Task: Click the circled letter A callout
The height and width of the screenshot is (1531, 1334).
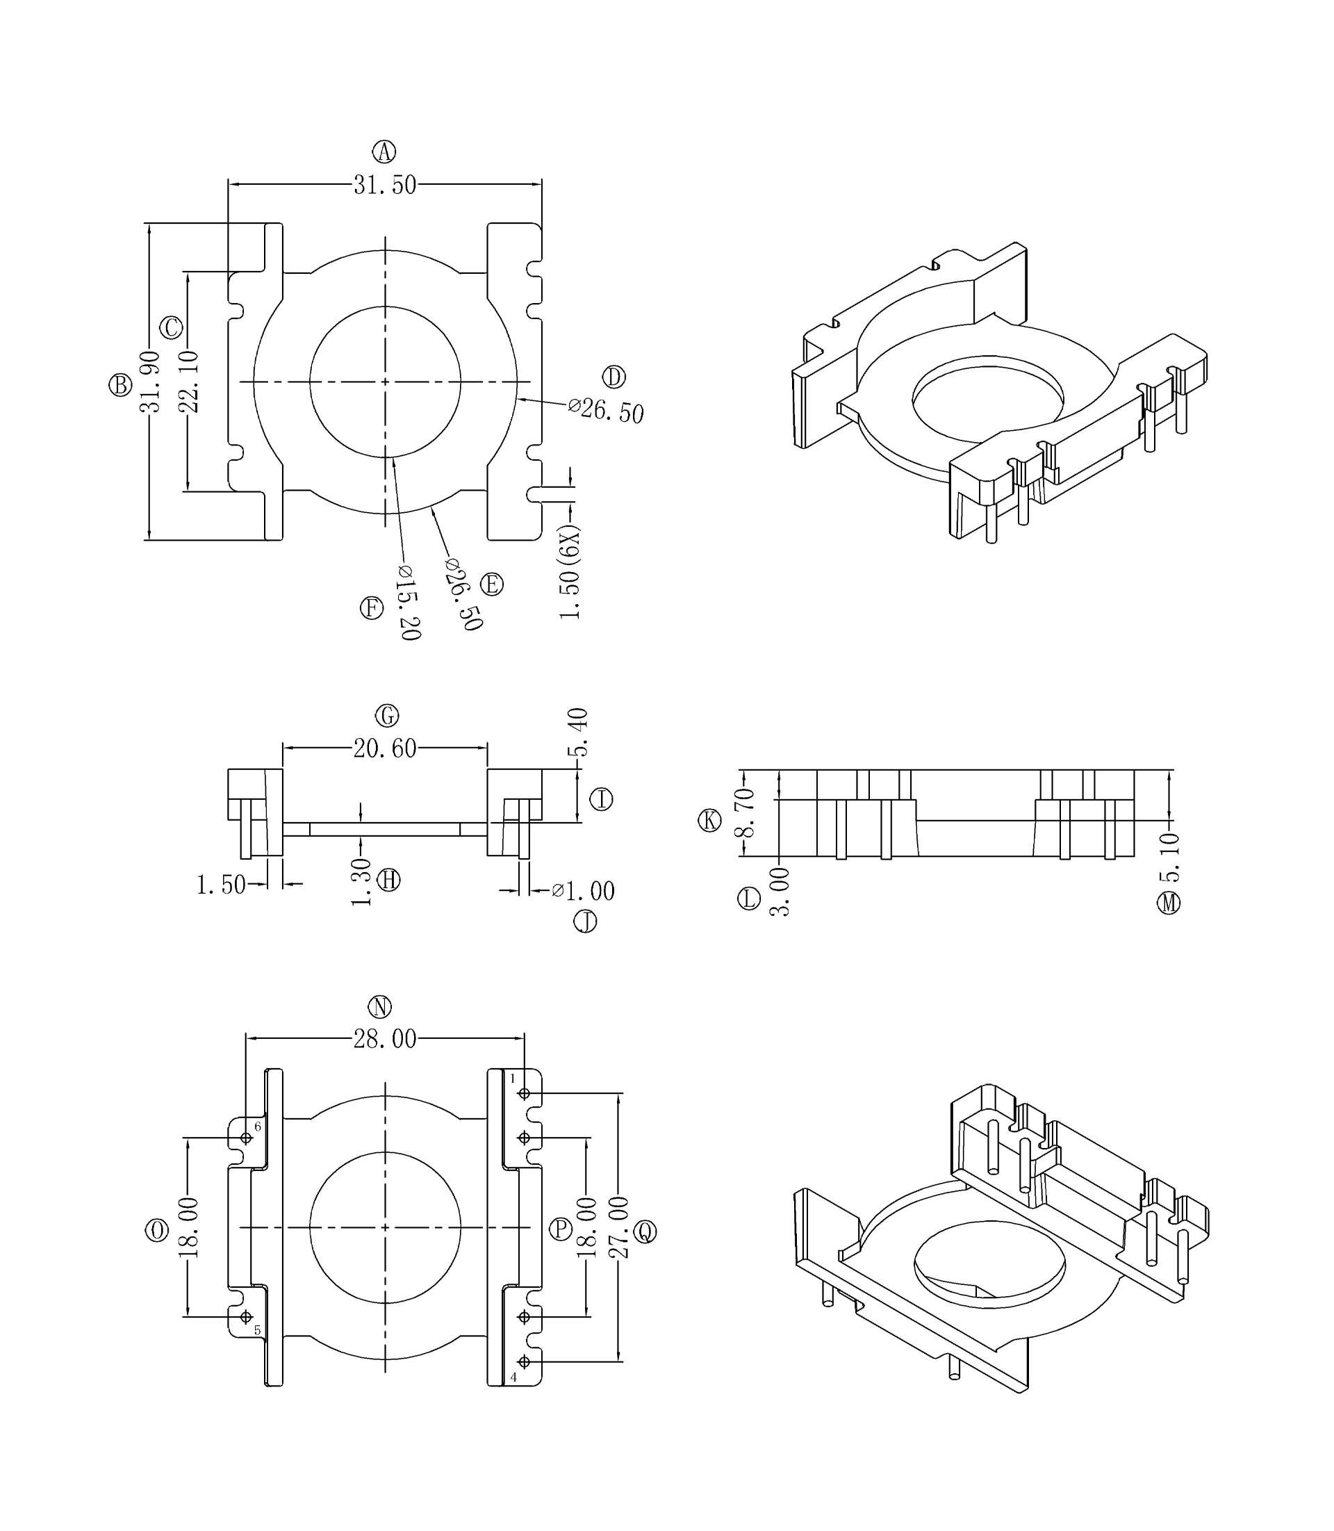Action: [x=384, y=152]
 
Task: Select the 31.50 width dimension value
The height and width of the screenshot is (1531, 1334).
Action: [x=384, y=185]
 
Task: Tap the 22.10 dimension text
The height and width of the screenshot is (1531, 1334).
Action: [x=189, y=382]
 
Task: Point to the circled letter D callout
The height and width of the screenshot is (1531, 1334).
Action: [x=614, y=377]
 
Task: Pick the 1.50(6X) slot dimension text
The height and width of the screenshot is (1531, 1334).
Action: [x=570, y=572]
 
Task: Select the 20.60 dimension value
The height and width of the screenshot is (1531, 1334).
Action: [x=384, y=748]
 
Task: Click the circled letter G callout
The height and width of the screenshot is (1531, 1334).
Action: [x=387, y=716]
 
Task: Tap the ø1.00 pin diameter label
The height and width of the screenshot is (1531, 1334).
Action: [x=584, y=891]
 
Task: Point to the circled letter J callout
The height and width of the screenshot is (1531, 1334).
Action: [x=585, y=922]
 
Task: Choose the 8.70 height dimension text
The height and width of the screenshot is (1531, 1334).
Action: [x=745, y=812]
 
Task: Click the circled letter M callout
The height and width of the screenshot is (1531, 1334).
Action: [x=1168, y=903]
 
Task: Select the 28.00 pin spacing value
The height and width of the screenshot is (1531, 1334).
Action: [x=384, y=1039]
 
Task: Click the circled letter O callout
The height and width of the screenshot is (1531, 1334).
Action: [x=156, y=1230]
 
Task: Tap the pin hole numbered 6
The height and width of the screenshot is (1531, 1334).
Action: [x=247, y=1138]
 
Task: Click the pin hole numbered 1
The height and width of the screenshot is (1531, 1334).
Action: [x=524, y=1093]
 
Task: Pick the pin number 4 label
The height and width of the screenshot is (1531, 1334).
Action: [x=513, y=1377]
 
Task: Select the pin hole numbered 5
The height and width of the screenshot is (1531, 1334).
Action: [x=247, y=1316]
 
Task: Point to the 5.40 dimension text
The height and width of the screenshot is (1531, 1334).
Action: [x=578, y=732]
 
